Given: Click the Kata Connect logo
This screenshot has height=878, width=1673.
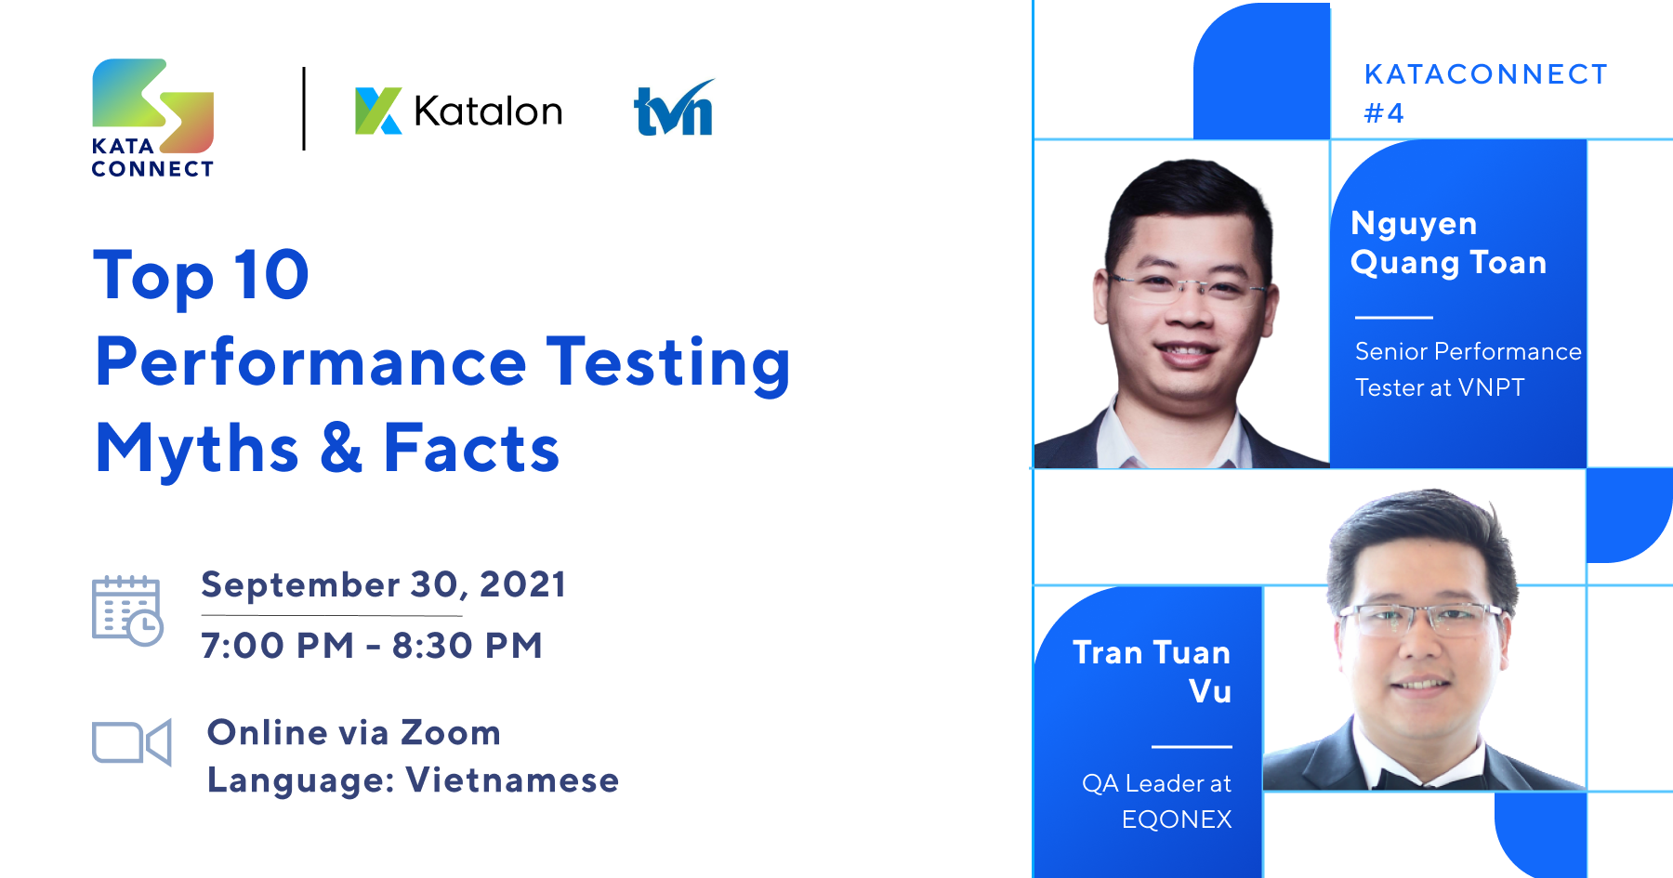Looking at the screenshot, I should pyautogui.click(x=152, y=117).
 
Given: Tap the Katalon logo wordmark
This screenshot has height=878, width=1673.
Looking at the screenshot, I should pyautogui.click(x=459, y=111).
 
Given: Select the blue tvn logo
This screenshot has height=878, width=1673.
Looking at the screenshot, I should pyautogui.click(x=674, y=110).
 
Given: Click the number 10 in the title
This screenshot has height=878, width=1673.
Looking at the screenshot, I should pyautogui.click(x=270, y=275).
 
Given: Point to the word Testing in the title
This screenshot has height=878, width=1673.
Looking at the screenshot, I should pyautogui.click(x=667, y=362).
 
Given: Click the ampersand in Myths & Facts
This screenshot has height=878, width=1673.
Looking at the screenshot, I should pyautogui.click(x=341, y=448).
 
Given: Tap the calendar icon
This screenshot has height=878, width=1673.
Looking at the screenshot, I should pyautogui.click(x=127, y=609).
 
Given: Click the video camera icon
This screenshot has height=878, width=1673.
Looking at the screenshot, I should pyautogui.click(x=131, y=742).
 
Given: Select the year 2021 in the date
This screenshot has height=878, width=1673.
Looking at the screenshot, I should pyautogui.click(x=522, y=584).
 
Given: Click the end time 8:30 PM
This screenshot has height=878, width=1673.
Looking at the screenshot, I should pyautogui.click(x=467, y=645).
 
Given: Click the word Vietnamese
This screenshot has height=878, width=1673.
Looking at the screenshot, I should pyautogui.click(x=512, y=780).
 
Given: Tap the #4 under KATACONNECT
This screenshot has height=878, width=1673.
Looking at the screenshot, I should pyautogui.click(x=1383, y=113).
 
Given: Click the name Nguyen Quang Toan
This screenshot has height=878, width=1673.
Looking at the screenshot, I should pyautogui.click(x=1447, y=242).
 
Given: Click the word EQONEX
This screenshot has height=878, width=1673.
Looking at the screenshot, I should pyautogui.click(x=1176, y=819).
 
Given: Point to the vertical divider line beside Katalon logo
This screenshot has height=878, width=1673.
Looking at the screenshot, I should pyautogui.click(x=304, y=109).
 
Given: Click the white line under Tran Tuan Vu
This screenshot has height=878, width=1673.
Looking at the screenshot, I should pyautogui.click(x=1192, y=746).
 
